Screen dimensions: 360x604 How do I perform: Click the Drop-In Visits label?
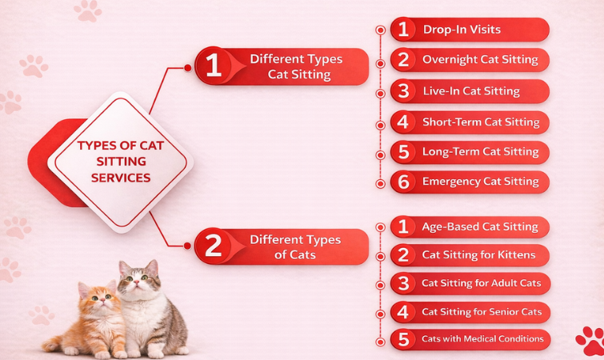coord(462,30)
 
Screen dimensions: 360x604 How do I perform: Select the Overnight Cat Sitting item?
coord(480,60)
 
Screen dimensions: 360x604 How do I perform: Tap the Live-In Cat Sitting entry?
coord(471,91)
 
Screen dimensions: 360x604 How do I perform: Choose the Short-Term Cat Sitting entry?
coord(480,122)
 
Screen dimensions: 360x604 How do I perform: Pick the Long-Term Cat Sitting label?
coord(480,152)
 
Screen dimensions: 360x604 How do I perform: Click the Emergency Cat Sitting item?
coord(480,182)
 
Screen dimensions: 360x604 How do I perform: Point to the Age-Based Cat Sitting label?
coord(480,226)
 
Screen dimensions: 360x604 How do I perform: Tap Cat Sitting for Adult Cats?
coord(481,283)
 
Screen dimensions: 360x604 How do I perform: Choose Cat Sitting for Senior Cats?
coord(481,312)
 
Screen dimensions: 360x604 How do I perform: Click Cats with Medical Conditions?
coord(482,339)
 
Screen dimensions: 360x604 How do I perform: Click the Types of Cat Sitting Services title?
coord(120,162)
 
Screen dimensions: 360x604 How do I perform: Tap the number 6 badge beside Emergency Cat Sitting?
coord(404,182)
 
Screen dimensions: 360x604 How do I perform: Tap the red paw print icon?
coord(590,339)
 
